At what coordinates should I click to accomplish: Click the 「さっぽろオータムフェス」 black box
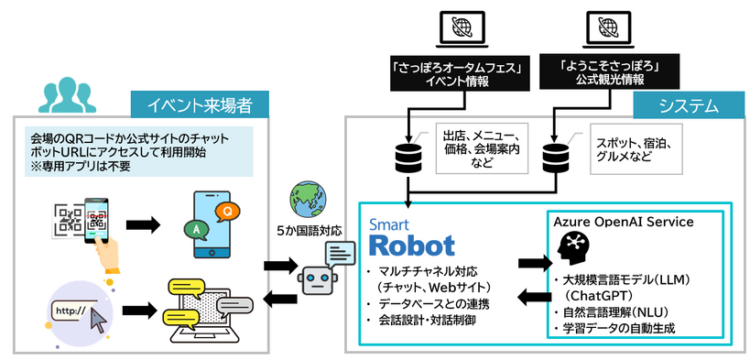(x=442, y=74)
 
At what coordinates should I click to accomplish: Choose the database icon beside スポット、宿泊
(x=556, y=158)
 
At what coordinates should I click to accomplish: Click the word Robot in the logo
(x=411, y=245)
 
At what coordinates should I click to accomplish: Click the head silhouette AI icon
(x=575, y=249)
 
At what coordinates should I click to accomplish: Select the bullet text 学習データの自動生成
(x=619, y=327)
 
